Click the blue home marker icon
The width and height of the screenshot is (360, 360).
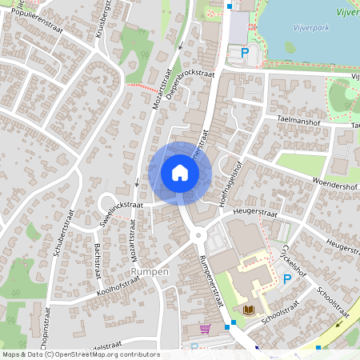point(180,172)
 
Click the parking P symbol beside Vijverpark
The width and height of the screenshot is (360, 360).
point(246,53)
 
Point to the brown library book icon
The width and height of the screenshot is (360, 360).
point(246,309)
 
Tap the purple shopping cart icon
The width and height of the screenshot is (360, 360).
point(206,328)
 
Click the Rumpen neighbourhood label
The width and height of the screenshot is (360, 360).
point(150,272)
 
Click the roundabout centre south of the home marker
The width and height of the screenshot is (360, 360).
point(201,236)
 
